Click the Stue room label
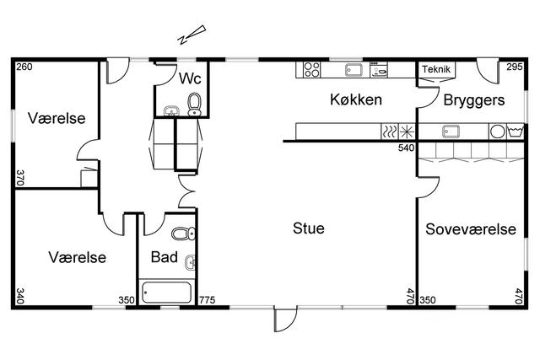point(309,228)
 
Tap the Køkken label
point(356,99)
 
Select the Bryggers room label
point(474,100)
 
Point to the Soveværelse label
point(471,229)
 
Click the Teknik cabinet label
point(436,69)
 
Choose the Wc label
point(190,78)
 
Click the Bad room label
point(165,257)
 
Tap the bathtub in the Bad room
point(167,293)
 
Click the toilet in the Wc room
point(195,104)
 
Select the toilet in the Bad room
point(183,234)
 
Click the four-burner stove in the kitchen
point(311,69)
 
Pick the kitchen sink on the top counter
point(354,70)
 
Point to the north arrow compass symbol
point(192,35)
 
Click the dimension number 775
point(207,300)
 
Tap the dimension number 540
point(407,148)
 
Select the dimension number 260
point(24,67)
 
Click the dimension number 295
point(515,67)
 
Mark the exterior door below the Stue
point(285,320)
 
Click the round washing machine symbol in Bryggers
point(497,132)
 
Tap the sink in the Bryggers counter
point(451,132)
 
